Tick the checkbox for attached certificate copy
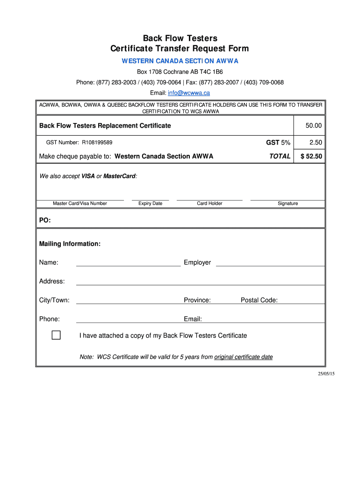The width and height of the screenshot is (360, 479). (x=56, y=335)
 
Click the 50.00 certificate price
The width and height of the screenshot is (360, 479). (x=314, y=126)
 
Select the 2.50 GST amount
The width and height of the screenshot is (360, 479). (x=316, y=143)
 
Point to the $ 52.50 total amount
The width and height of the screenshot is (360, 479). (x=311, y=156)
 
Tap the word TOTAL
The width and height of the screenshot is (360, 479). (x=280, y=156)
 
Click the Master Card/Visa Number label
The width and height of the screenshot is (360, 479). (x=80, y=203)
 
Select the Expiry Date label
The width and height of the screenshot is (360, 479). (x=151, y=203)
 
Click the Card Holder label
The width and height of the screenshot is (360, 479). (x=209, y=203)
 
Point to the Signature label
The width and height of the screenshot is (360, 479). (x=288, y=203)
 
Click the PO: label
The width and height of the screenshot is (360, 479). (x=45, y=220)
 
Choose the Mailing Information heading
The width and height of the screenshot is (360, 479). (x=70, y=244)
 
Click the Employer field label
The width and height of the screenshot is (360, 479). (x=197, y=262)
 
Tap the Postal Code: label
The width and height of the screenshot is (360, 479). (x=259, y=300)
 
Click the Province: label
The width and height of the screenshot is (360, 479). (x=197, y=300)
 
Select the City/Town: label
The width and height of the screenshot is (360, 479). (x=54, y=300)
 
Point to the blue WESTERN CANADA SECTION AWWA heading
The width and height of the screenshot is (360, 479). (x=180, y=61)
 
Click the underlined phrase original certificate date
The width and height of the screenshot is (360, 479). (x=243, y=357)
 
